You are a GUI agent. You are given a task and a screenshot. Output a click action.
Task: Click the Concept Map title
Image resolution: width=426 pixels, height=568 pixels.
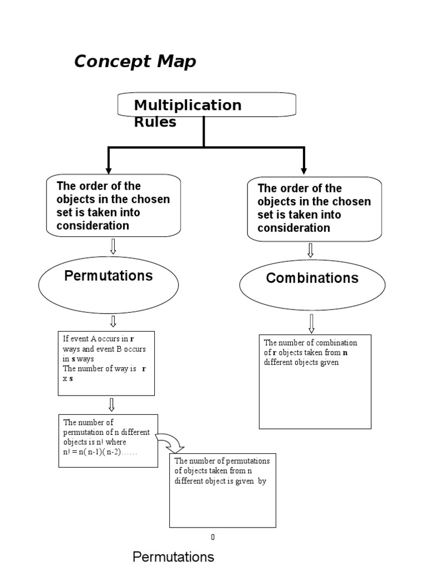click(135, 62)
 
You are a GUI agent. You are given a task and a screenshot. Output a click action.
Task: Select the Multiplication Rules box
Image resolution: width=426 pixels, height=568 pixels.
click(206, 105)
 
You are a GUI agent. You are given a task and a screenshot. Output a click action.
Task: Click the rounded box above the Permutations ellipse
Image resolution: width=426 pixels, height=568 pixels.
click(113, 205)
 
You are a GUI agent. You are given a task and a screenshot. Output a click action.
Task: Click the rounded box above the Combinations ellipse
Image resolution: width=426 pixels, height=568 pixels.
click(314, 209)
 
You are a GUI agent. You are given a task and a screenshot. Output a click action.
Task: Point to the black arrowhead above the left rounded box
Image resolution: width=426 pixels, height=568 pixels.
click(109, 169)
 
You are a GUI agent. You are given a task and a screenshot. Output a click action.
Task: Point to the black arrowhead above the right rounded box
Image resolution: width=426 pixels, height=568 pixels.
click(303, 169)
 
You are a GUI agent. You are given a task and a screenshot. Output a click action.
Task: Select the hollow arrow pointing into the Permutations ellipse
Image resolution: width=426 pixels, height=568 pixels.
click(113, 247)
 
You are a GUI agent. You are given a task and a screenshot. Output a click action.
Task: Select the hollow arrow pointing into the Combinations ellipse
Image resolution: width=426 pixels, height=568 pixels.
click(311, 250)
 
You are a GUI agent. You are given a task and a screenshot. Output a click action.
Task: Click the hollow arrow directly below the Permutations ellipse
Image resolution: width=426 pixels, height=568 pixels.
click(113, 321)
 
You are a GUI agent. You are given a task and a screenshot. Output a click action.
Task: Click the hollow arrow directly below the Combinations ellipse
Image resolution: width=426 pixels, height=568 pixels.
click(312, 323)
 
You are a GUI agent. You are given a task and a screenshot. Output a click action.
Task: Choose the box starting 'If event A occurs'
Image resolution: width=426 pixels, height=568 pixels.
click(106, 363)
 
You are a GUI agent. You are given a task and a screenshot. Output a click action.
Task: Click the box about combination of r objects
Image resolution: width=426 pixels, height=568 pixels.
click(315, 381)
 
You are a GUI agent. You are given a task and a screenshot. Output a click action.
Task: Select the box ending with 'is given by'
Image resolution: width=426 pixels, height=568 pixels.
click(222, 490)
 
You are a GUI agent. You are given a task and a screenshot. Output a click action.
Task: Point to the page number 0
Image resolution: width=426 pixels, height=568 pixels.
click(212, 537)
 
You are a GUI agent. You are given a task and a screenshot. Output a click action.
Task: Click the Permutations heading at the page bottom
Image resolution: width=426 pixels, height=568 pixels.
click(173, 556)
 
